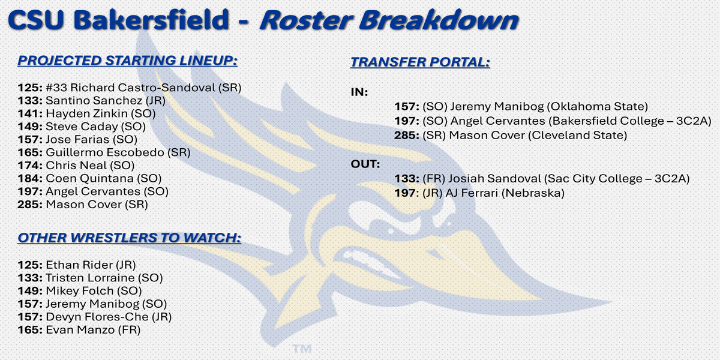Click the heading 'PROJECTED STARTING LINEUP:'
[x=128, y=61]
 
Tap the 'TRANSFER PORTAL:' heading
[x=420, y=62]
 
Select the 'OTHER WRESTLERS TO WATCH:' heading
[x=129, y=238]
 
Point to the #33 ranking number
[x=56, y=88]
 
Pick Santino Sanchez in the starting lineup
[x=94, y=101]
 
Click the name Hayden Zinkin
[x=87, y=114]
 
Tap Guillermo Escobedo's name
[x=105, y=152]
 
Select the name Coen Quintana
[x=89, y=178]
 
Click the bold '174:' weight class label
[x=30, y=166]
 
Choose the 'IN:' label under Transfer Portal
[x=359, y=92]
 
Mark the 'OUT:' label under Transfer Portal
[x=365, y=164]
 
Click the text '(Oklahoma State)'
[x=597, y=107]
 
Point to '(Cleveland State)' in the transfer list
[x=578, y=136]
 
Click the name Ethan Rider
[x=79, y=265]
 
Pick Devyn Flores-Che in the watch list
[x=97, y=317]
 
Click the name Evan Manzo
[x=80, y=330]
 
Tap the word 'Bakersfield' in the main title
[x=151, y=20]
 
